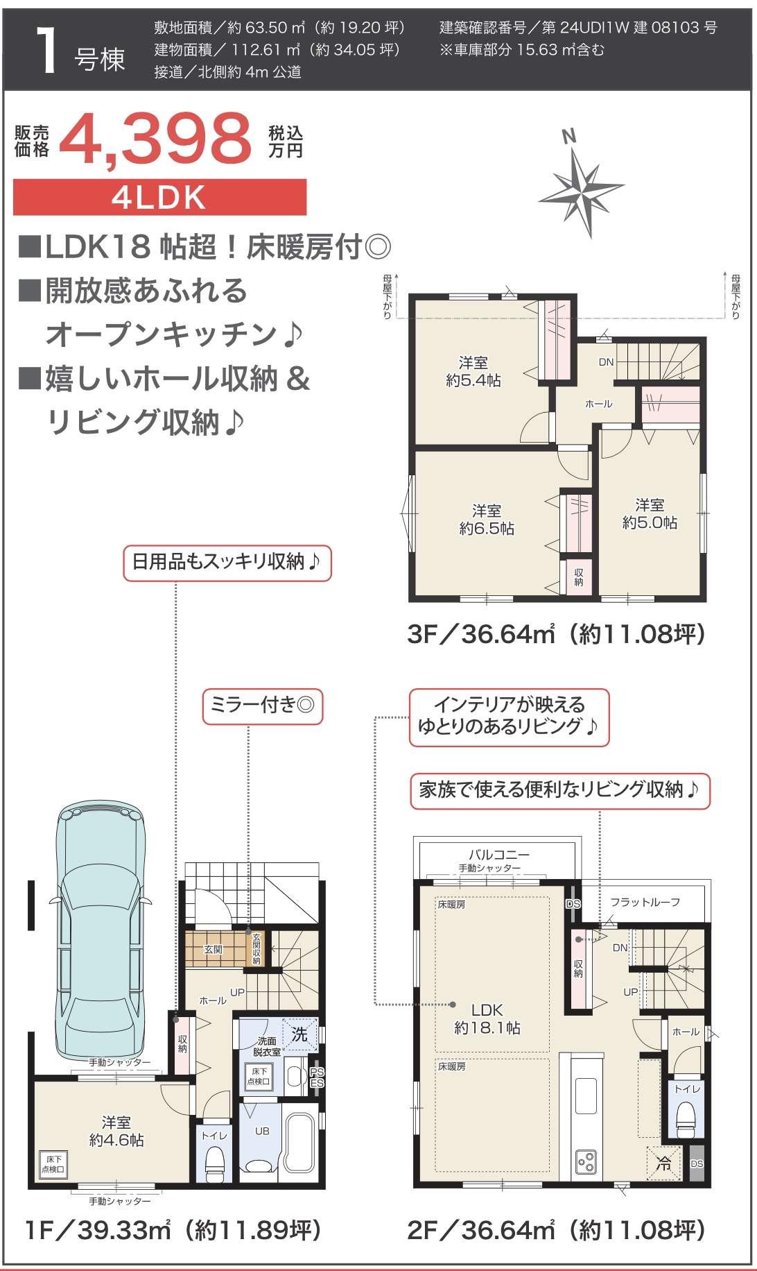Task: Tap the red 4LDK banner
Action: (159, 198)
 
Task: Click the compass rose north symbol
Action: (581, 185)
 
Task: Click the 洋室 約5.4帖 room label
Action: (473, 371)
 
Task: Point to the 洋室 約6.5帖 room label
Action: (487, 520)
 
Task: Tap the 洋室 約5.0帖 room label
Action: (650, 513)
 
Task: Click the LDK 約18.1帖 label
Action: (487, 1018)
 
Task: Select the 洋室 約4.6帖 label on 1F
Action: (116, 1131)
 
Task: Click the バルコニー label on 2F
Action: (498, 855)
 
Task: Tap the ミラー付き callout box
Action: (262, 706)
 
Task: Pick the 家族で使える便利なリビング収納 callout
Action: (559, 790)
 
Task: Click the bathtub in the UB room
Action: (300, 1141)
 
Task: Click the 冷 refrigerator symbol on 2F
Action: (663, 1164)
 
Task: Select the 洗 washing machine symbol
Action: (299, 1034)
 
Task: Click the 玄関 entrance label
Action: (213, 949)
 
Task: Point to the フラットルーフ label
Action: (645, 902)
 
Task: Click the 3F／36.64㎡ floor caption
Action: (556, 633)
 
